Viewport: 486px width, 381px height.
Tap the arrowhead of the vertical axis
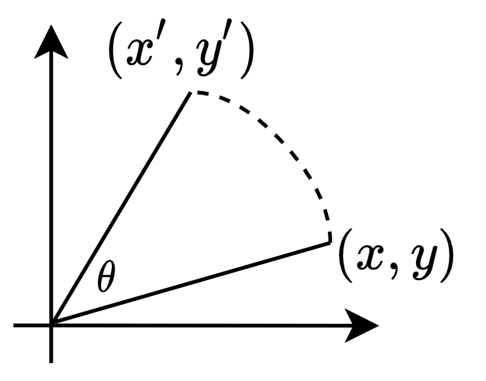pos(52,43)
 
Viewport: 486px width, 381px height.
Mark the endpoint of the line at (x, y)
pos(330,242)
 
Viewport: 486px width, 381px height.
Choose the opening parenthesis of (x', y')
pos(115,58)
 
